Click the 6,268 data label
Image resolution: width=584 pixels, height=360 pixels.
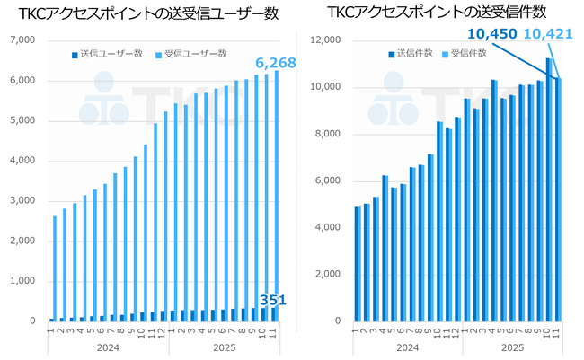pos(275,63)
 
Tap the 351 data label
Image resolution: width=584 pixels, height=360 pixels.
pos(272,300)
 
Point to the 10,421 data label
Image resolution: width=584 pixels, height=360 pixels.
pos(545,33)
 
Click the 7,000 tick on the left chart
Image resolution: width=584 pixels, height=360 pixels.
pos(21,40)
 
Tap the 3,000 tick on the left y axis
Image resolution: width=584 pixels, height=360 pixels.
pos(21,201)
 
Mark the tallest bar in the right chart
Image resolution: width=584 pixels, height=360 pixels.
pos(548,189)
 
